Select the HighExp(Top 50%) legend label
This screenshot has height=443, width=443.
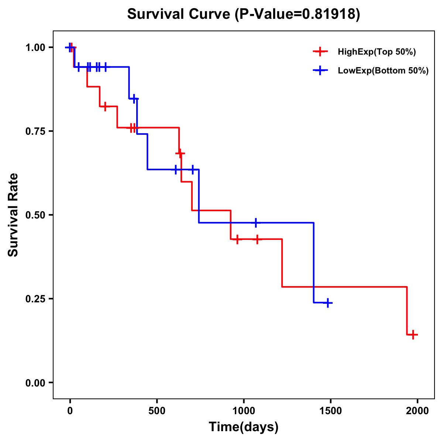point(377,52)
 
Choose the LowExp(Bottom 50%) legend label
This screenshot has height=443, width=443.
point(383,71)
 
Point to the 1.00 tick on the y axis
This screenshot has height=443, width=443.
point(35,48)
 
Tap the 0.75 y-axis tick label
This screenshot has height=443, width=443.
point(35,131)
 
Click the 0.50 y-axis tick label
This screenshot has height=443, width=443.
point(35,215)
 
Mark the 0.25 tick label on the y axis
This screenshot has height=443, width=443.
point(35,299)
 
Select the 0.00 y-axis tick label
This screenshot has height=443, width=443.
point(35,383)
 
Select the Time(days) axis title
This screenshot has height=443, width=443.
point(244,427)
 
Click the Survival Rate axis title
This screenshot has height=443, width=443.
point(13,215)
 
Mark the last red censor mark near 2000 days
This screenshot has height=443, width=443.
point(413,335)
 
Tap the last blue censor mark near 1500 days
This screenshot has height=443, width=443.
point(327,303)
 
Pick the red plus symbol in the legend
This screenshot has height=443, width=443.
point(320,52)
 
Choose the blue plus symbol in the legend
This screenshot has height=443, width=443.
point(320,71)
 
